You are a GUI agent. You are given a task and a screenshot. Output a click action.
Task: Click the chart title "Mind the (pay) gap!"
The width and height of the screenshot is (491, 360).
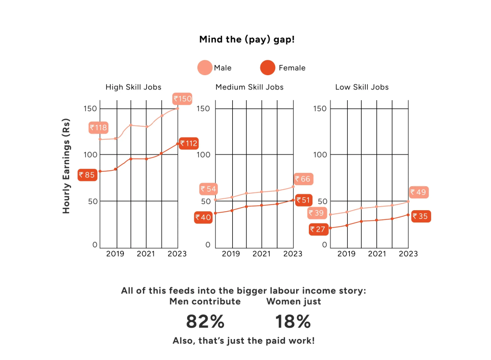click(x=247, y=39)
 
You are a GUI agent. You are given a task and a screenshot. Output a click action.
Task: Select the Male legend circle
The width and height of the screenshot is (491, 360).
click(x=205, y=67)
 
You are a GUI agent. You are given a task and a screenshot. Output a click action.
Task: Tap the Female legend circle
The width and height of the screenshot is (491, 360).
click(x=268, y=67)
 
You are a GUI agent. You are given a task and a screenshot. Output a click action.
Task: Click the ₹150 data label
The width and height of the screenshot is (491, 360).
click(x=183, y=99)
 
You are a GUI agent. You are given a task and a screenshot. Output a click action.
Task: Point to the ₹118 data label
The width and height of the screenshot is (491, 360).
click(x=98, y=127)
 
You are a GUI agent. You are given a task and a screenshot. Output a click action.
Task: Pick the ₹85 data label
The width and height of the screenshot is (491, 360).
click(x=87, y=175)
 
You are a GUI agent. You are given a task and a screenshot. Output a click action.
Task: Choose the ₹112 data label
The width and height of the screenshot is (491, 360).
click(x=188, y=143)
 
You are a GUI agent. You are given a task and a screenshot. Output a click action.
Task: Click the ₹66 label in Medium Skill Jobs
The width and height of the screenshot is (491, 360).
click(x=302, y=179)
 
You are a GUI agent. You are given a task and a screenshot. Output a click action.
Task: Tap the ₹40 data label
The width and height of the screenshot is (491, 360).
click(x=203, y=217)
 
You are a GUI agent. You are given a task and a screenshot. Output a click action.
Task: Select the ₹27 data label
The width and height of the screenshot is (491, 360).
click(x=318, y=229)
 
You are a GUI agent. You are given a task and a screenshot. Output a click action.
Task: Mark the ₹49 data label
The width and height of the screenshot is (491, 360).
click(x=418, y=192)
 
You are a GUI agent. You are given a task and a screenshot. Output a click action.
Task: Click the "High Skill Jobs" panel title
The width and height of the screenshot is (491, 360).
click(x=130, y=87)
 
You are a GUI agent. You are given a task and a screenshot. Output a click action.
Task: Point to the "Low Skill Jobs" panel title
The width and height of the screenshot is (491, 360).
click(x=362, y=87)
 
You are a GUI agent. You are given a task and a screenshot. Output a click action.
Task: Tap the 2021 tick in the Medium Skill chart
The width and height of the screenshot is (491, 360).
click(x=261, y=254)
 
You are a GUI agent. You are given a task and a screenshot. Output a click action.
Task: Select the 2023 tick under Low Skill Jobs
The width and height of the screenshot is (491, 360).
click(x=408, y=254)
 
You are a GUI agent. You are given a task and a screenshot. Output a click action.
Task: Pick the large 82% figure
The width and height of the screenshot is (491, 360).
click(x=205, y=322)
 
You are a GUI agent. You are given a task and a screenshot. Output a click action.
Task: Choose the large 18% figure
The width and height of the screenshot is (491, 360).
click(x=293, y=322)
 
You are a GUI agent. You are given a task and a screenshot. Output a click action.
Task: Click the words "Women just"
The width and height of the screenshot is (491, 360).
click(x=294, y=302)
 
